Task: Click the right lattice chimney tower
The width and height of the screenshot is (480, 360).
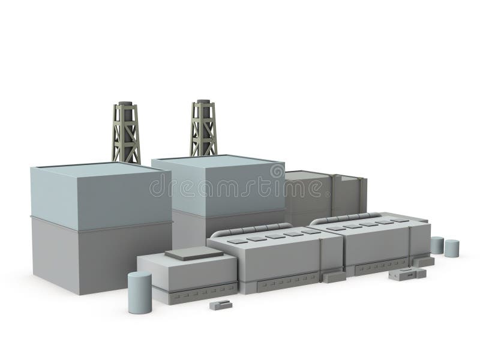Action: (204, 131)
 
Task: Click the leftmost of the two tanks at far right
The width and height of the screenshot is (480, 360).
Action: (437, 244)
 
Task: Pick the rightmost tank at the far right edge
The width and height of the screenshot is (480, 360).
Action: (452, 248)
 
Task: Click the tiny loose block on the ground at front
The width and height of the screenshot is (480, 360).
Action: (220, 305)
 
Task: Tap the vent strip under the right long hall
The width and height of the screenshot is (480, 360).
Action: (384, 268)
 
